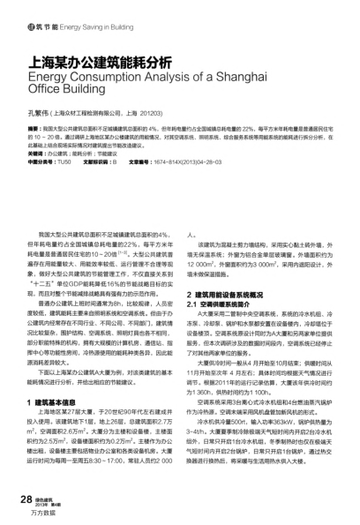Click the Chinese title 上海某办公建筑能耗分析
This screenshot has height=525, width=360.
click(x=100, y=63)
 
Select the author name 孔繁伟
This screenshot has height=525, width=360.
click(x=41, y=113)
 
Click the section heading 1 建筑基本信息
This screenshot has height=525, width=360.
click(x=59, y=376)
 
